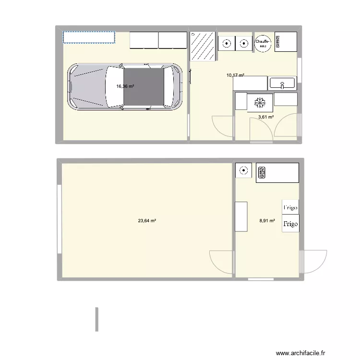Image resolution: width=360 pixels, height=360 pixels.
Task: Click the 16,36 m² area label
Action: coord(125,87)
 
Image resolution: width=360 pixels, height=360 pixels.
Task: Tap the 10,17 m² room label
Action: coord(235,75)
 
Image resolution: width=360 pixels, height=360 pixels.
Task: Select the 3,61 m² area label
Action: coord(266,117)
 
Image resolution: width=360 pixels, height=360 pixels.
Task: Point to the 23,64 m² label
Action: coord(147,221)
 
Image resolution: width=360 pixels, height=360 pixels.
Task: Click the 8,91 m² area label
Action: coord(267,221)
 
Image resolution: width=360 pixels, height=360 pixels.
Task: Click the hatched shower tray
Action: coord(203,47)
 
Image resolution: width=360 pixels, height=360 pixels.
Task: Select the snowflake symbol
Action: coord(260,102)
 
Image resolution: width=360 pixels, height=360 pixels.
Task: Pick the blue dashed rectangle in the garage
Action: coord(89,37)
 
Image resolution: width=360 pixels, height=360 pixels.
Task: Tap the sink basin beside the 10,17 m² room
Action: coord(283,84)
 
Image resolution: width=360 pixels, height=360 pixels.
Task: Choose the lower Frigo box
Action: coord(290,224)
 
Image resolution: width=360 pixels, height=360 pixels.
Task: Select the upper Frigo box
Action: coord(290,207)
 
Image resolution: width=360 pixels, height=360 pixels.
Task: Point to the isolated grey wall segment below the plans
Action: coord(96,319)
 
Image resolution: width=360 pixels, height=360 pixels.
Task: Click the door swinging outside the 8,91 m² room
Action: coord(314,263)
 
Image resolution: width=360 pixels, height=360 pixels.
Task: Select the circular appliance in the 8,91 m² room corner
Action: coord(243,170)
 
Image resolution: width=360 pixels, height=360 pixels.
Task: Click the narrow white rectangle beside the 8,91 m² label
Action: coord(241,216)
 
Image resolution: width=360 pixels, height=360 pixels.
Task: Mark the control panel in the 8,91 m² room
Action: coord(262,172)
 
